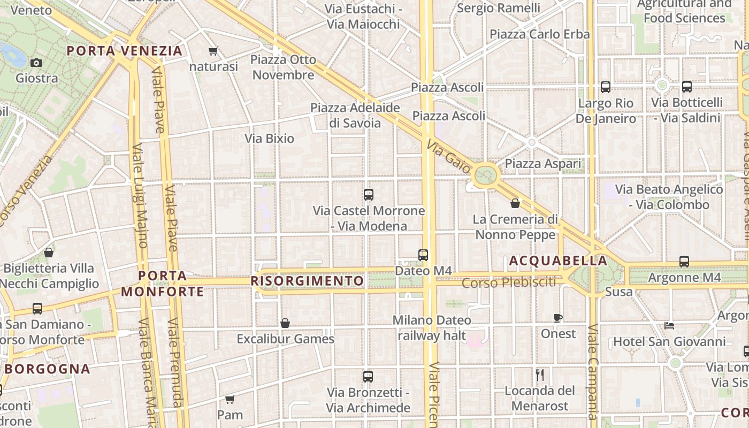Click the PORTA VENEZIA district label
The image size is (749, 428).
tap(125, 51)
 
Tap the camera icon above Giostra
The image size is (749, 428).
tap(36, 63)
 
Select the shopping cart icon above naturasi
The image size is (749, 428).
tap(213, 51)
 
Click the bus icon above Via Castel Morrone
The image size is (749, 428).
tap(368, 195)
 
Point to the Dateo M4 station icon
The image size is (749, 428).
tap(423, 255)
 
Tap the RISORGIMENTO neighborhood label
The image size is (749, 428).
tap(307, 281)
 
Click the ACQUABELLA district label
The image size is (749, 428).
tap(558, 261)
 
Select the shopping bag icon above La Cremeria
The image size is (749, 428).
tap(515, 203)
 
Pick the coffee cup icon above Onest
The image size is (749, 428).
tap(558, 318)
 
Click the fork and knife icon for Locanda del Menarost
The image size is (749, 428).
tap(540, 374)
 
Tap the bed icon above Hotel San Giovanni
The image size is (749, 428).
tap(669, 325)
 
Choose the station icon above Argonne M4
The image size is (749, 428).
tap(684, 262)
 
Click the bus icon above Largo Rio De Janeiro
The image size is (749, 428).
tap(606, 87)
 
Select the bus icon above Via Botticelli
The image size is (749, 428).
tap(687, 87)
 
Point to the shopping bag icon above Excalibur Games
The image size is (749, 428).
tap(285, 323)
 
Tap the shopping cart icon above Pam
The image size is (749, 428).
tap(230, 399)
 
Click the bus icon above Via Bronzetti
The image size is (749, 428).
tap(368, 377)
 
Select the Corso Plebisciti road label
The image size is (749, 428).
tap(509, 282)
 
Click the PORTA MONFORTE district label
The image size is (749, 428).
tap(163, 284)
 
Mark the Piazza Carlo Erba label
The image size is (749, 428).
tap(539, 34)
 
